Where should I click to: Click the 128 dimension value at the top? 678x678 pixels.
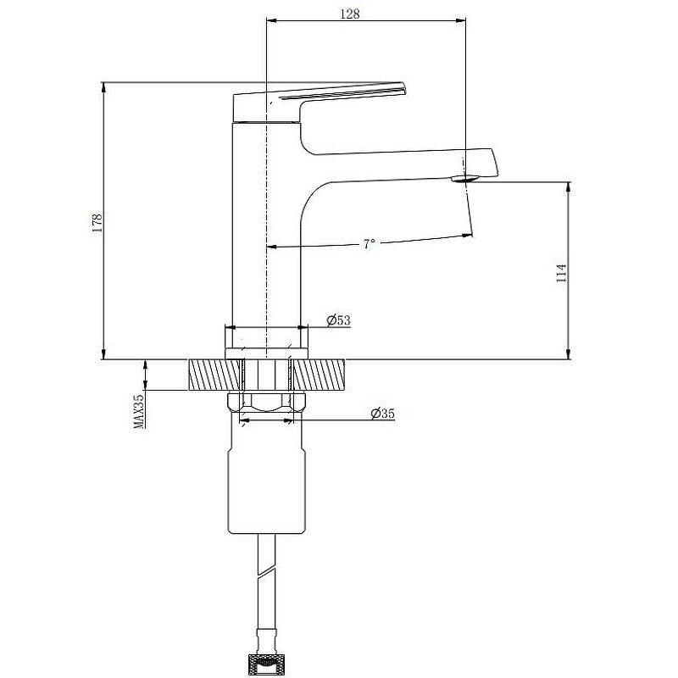[350, 14]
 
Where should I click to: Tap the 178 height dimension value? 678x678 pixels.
[97, 223]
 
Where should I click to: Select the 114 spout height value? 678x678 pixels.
[561, 273]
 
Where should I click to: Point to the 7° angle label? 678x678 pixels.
[369, 244]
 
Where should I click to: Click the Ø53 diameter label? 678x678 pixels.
[338, 320]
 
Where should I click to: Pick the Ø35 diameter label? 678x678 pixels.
[383, 414]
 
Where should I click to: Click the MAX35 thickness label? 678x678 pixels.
[139, 411]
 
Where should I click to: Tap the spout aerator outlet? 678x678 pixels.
[464, 178]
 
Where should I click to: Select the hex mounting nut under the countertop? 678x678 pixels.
[266, 401]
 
